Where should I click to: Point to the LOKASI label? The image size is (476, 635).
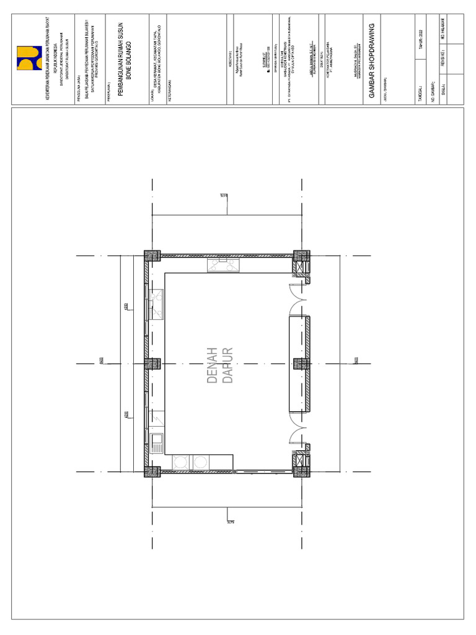click(x=152, y=86)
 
